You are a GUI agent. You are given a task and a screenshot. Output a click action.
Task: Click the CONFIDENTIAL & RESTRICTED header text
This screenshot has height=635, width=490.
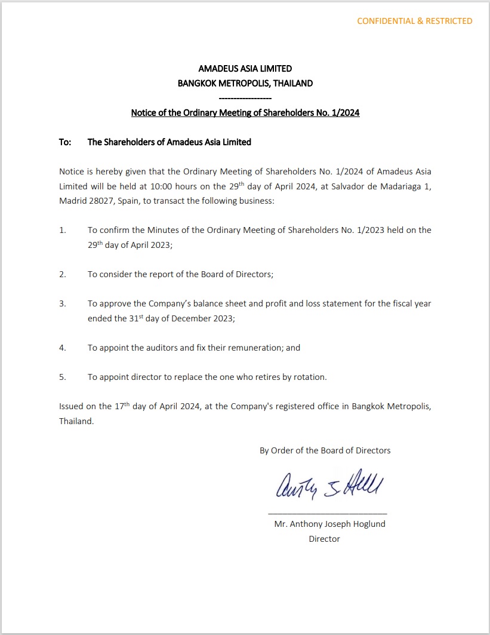(414, 21)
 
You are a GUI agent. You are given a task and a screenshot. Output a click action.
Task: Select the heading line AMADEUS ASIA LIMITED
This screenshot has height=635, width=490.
(245, 69)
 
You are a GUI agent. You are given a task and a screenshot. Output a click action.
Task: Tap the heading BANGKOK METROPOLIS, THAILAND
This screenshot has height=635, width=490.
(245, 84)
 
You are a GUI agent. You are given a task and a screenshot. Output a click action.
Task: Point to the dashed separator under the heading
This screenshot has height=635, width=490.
(245, 97)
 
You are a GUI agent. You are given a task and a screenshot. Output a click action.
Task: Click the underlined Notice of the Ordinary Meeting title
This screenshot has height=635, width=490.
(245, 112)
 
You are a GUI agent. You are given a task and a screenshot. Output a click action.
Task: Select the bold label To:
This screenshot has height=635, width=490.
(65, 142)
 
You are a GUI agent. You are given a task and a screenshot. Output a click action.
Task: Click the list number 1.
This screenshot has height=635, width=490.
(63, 230)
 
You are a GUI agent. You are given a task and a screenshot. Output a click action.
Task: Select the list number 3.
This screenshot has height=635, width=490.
(63, 303)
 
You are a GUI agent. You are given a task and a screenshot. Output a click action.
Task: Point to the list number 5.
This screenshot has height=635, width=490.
(63, 377)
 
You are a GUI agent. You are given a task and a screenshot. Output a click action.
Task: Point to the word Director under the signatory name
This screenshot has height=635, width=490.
(324, 539)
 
